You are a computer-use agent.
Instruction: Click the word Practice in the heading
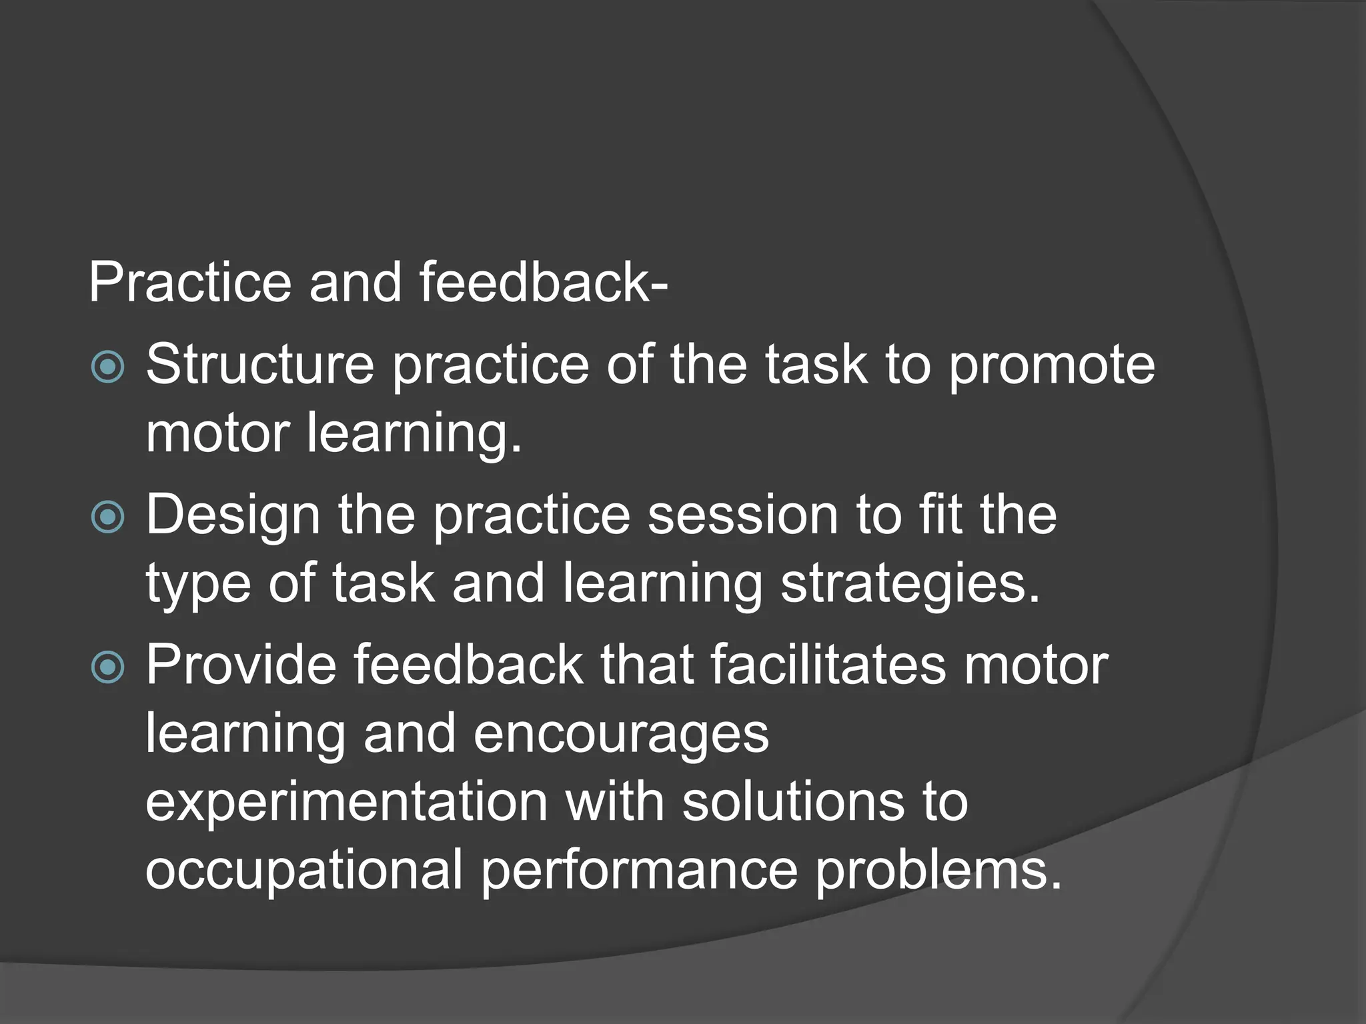[x=189, y=283]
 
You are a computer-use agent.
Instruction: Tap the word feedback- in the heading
[x=543, y=283]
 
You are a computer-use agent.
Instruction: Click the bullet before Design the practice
[x=107, y=516]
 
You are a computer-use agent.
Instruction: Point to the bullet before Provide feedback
[x=107, y=666]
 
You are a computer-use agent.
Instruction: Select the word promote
[x=1051, y=367]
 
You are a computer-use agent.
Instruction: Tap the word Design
[x=233, y=517]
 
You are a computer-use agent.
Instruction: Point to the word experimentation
[x=346, y=803]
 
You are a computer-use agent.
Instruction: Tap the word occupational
[x=303, y=871]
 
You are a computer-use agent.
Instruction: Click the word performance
[x=639, y=871]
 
